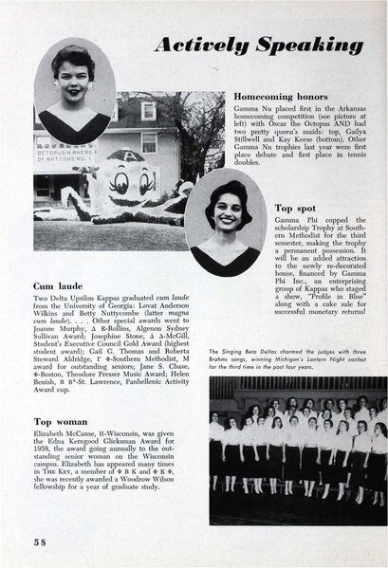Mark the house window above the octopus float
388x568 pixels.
click(149, 112)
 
